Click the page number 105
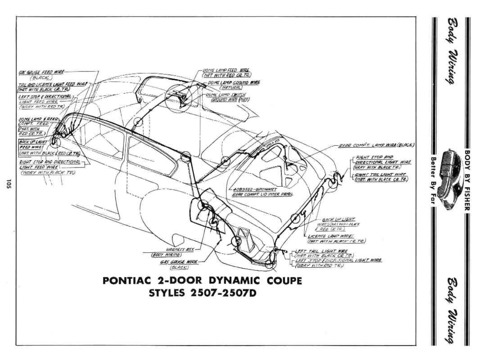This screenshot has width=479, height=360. pos(9,184)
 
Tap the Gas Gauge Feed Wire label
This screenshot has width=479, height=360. pos(41,72)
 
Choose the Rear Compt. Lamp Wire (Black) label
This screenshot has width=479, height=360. pos(376,145)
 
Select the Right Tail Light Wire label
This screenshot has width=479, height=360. pos(380,175)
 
